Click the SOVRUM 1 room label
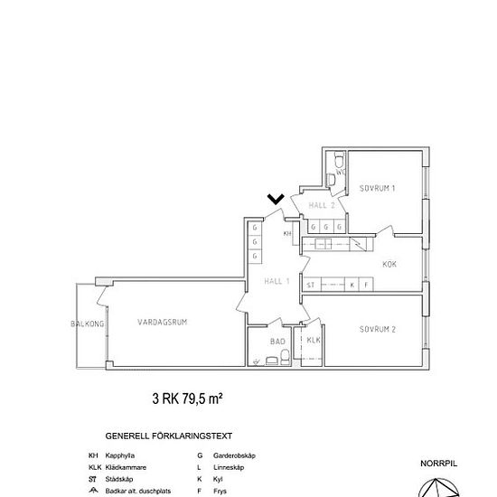pos(378,188)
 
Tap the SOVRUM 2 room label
pos(378,330)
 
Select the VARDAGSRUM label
pos(163,322)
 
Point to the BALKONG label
pos(88,323)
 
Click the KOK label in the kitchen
pos(390,265)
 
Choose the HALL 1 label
pos(276,281)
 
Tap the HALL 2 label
pos(322,206)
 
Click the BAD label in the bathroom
pos(277,341)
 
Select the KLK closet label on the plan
pos(313,340)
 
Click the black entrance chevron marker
pos(277,199)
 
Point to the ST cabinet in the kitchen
pos(311,285)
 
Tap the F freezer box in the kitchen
pos(366,285)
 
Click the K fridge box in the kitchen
pos(352,285)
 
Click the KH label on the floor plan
pos(287,234)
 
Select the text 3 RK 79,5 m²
pos(187,397)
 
